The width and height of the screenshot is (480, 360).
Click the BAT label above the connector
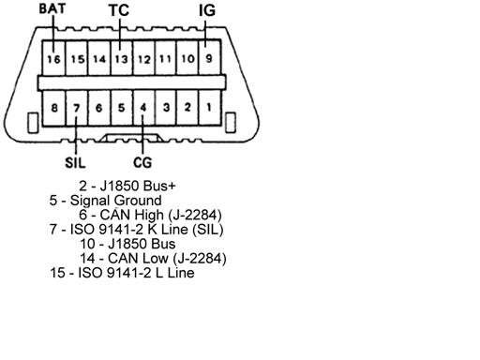coord(52,8)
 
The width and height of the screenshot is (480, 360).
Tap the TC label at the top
coord(119,10)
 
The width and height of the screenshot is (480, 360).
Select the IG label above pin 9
coord(207,10)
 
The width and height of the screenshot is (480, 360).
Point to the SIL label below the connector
coord(75,162)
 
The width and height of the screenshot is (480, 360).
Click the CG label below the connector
coord(142,162)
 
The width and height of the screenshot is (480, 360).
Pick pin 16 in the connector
coord(53,58)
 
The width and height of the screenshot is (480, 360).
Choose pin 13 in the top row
coord(122,58)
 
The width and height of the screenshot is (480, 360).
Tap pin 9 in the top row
coord(210,58)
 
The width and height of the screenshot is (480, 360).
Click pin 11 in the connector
coord(166,58)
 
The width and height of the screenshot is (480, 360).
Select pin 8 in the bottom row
coord(54,108)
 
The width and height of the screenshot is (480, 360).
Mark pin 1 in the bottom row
coord(209,108)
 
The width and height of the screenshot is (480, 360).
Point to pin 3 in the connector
coord(166,108)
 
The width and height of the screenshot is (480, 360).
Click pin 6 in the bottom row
coord(99,108)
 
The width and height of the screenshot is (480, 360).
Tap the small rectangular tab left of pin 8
coord(33,123)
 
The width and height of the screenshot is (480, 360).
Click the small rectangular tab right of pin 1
coord(231,122)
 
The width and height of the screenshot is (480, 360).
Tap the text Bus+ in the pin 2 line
coord(159,186)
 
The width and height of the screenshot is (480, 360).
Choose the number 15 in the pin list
coord(58,273)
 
